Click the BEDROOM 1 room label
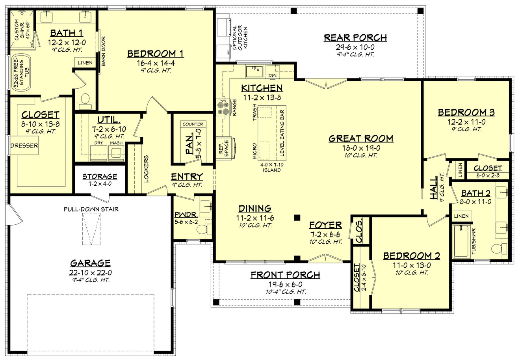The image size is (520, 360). coord(156,54)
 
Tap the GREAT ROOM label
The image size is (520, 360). coord(361,138)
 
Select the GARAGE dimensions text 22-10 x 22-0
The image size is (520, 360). coord(90,272)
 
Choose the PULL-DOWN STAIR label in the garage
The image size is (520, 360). coord(91,209)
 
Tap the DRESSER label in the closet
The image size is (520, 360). coord(24,145)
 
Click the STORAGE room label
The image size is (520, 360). coord(100,176)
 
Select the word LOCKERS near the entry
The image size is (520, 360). coord(146,168)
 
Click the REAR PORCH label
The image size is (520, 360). coord(355,37)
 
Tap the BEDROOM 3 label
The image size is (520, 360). coord(466,113)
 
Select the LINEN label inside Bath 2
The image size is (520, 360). coord(461,216)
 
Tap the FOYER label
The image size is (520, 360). coord(325,225)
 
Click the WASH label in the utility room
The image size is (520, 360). coord(116,143)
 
